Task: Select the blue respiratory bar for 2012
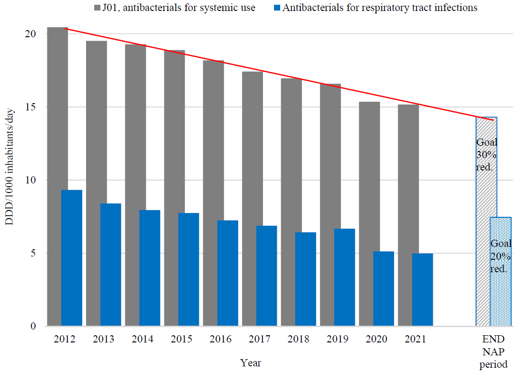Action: point(72,258)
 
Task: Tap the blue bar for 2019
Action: point(345,277)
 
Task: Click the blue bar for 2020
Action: point(383,288)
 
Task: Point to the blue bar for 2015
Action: point(188,269)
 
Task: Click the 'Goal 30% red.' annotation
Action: point(487,155)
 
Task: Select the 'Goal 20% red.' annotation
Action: point(501,256)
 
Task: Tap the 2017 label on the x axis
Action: point(260,339)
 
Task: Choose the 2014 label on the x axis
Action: point(142,339)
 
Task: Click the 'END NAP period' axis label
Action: point(494,352)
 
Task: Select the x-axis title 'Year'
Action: point(251,363)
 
